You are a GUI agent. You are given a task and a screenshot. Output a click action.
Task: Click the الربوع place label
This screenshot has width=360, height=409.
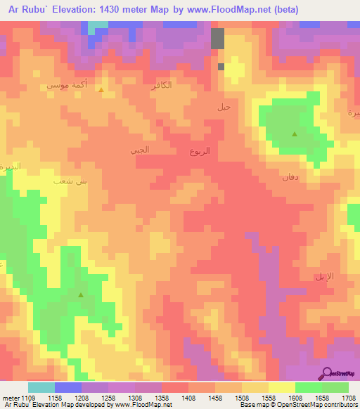pyautogui.click(x=200, y=151)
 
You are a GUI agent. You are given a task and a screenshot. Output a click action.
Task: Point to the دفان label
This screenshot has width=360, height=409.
pyautogui.click(x=291, y=177)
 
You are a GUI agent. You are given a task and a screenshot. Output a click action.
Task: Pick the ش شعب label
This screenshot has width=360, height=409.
pyautogui.click(x=71, y=181)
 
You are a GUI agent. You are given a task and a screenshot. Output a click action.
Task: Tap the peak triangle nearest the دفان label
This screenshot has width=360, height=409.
pyautogui.click(x=294, y=134)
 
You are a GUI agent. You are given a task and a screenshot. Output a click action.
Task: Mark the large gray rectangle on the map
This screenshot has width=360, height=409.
pyautogui.click(x=218, y=39)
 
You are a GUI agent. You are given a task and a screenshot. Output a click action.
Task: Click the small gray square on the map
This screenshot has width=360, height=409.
pyautogui.click(x=221, y=67)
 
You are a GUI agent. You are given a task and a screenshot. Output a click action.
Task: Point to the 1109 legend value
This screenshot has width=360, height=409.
pyautogui.click(x=27, y=398)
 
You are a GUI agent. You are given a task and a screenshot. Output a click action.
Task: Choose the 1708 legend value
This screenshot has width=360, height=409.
pyautogui.click(x=347, y=398)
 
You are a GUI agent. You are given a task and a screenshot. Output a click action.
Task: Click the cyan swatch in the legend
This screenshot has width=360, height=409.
pyautogui.click(x=41, y=387)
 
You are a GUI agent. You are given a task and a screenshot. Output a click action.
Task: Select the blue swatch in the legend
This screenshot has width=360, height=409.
pyautogui.click(x=67, y=387)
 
